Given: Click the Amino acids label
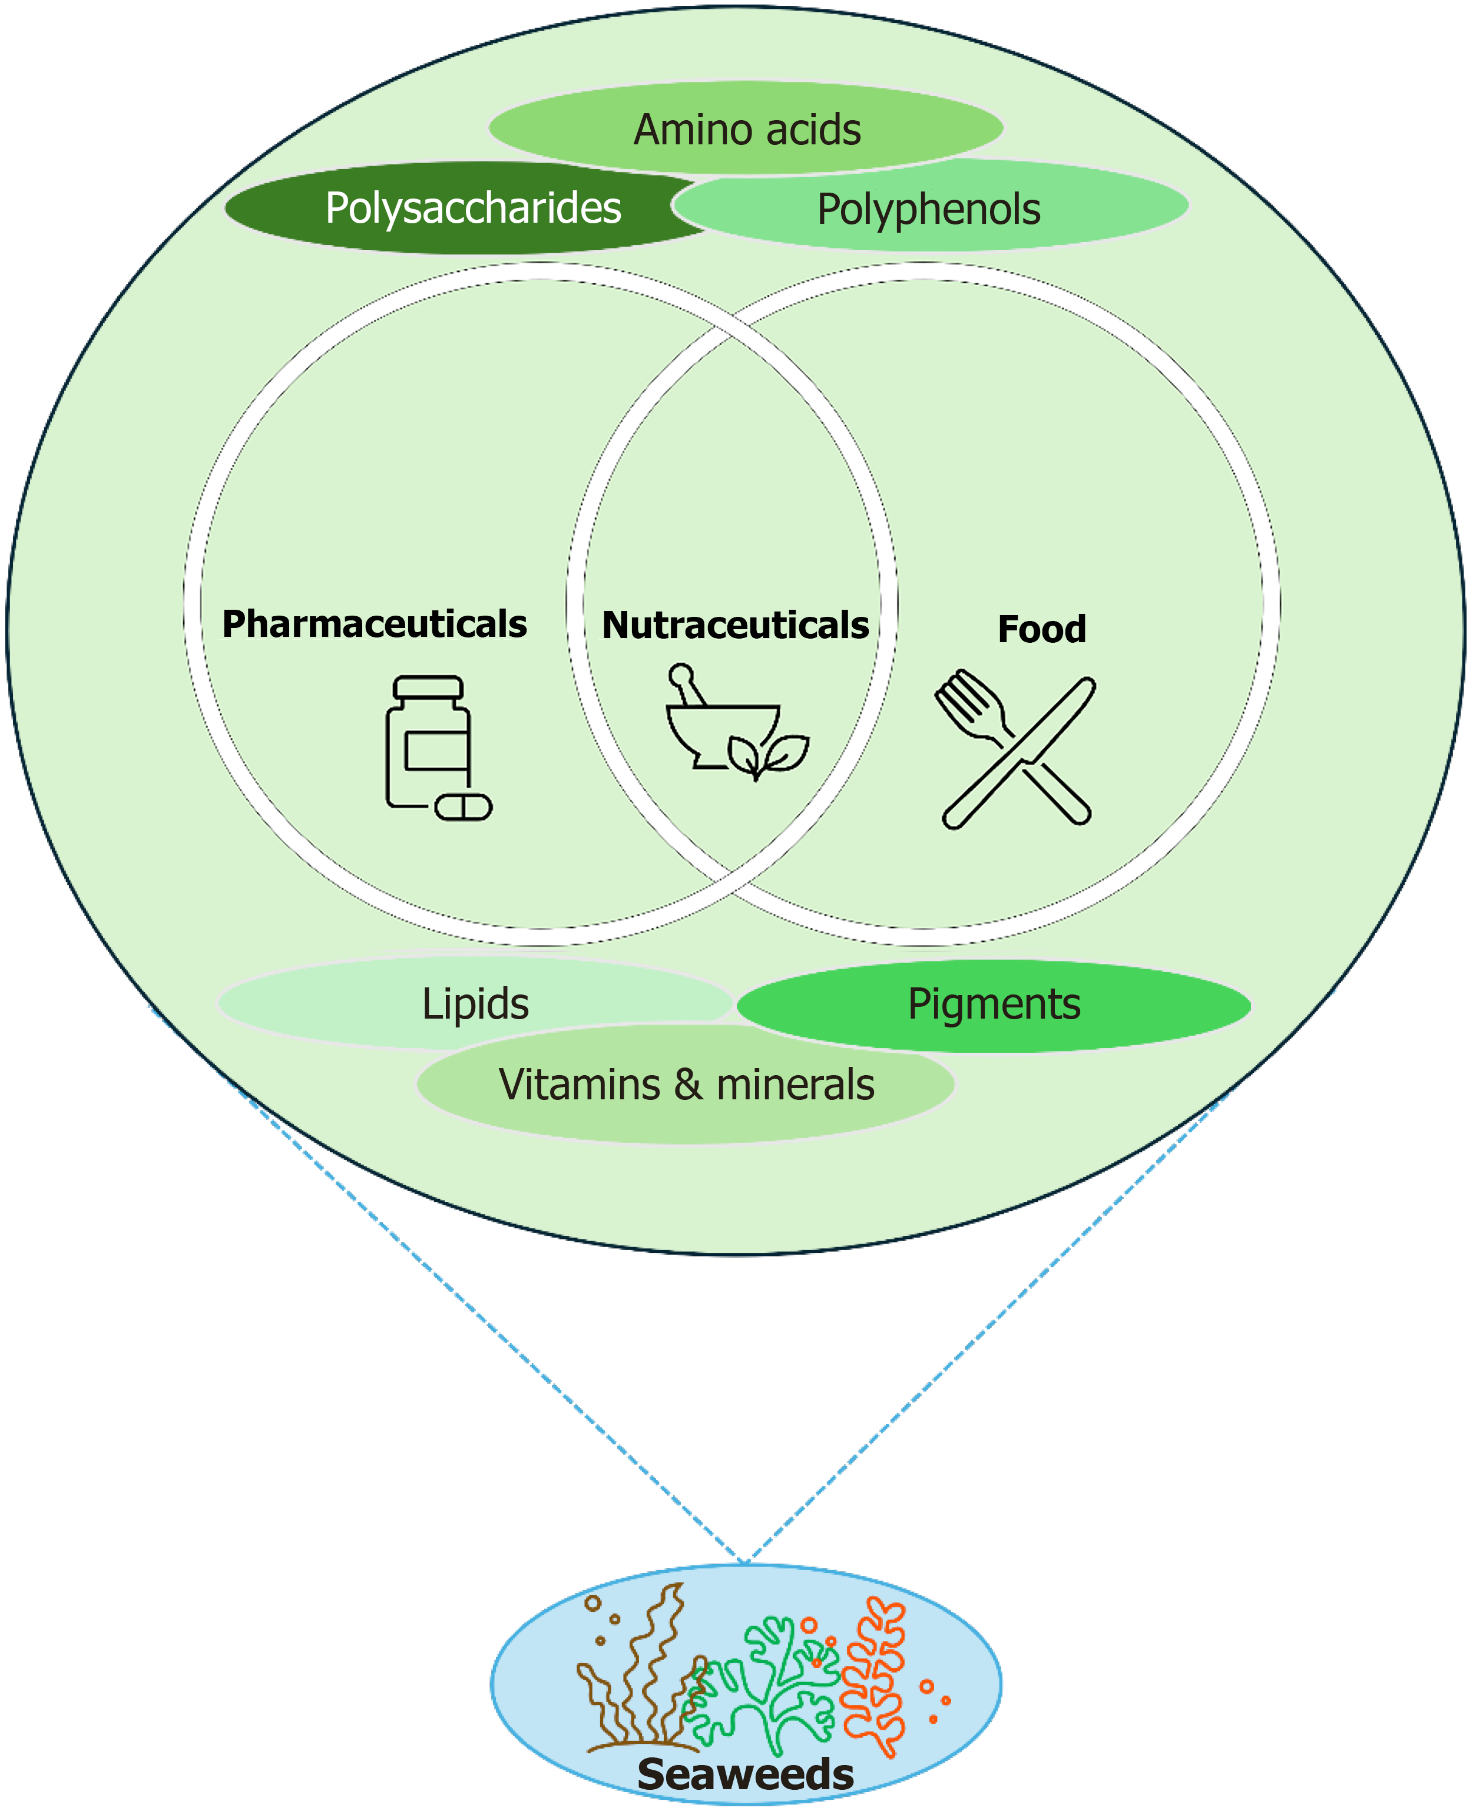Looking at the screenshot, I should pyautogui.click(x=747, y=130).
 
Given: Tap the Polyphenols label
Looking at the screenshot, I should pyautogui.click(x=928, y=209).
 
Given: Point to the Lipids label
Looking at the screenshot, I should pyautogui.click(x=475, y=1004).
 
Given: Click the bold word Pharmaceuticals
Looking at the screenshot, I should pyautogui.click(x=374, y=624).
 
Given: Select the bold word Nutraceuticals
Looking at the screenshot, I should pyautogui.click(x=736, y=626).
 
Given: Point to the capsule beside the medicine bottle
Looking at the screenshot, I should pyautogui.click(x=464, y=806).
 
